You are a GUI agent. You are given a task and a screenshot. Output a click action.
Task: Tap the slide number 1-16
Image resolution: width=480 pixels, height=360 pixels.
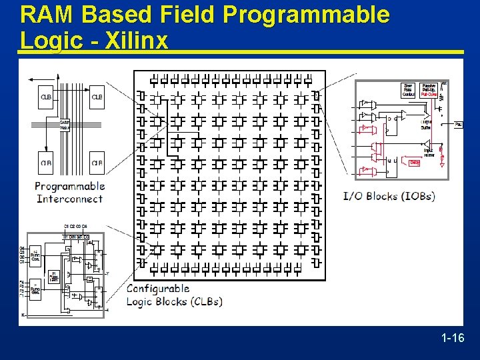tap(453, 338)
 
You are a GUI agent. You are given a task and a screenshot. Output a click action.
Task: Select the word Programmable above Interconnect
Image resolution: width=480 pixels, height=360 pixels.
tap(70, 186)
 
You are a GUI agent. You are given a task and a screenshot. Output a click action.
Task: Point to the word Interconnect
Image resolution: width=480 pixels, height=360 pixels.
tap(70, 199)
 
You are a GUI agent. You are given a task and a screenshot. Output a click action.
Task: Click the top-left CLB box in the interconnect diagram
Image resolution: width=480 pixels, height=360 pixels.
tap(46, 98)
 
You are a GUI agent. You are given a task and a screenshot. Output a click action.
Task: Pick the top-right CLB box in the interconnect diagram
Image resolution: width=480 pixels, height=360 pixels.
tap(97, 98)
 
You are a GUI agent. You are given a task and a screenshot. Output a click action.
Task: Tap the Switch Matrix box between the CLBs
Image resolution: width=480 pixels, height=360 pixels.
tap(65, 125)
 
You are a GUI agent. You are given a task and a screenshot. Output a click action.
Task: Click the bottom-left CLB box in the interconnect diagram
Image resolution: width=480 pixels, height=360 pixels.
tap(46, 161)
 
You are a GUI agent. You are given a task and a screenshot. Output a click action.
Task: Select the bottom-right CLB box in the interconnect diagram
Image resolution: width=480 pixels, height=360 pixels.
tap(97, 161)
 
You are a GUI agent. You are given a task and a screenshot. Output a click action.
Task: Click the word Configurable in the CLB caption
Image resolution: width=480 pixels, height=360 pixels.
tap(158, 289)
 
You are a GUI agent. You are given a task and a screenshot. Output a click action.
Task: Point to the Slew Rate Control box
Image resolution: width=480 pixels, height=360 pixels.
tap(408, 90)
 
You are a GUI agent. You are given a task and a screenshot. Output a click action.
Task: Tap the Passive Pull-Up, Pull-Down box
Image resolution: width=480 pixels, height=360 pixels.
tap(429, 90)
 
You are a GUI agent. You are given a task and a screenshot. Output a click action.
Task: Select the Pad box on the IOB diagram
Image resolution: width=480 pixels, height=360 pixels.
tap(459, 125)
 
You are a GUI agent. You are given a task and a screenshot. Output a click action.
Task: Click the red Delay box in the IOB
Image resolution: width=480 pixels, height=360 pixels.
tap(414, 162)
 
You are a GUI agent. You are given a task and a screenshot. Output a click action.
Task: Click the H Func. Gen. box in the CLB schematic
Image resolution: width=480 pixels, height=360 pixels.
tap(55, 277)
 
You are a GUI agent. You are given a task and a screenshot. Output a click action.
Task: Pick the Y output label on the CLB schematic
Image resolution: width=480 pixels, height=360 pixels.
tap(107, 273)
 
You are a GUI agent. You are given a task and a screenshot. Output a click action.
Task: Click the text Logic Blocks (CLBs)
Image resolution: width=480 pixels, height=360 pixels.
tap(175, 301)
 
